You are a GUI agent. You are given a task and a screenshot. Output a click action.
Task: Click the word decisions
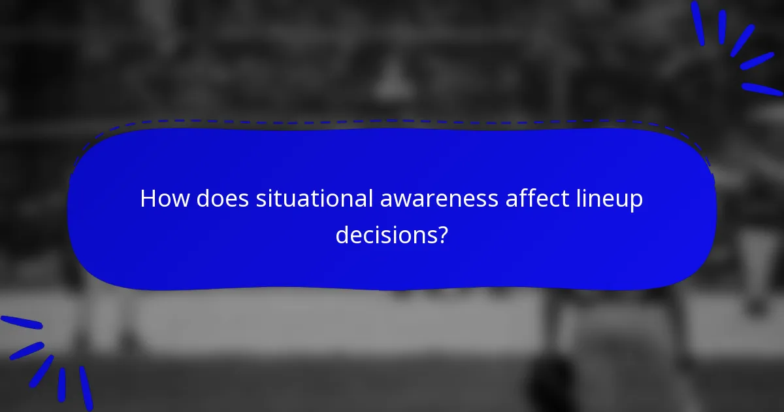(x=385, y=234)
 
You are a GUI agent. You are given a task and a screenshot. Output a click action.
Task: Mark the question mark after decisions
(x=443, y=234)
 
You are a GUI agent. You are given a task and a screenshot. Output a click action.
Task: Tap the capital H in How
(x=148, y=199)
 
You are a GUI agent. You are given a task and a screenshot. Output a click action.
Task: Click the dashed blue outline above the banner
(x=392, y=122)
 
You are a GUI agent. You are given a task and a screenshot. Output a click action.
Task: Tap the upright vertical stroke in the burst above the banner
(x=722, y=27)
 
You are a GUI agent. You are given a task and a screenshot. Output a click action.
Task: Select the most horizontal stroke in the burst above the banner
(x=762, y=89)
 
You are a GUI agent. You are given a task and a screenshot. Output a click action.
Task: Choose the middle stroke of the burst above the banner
(x=743, y=41)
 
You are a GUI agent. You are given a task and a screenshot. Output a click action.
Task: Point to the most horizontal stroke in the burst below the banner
(x=21, y=322)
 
